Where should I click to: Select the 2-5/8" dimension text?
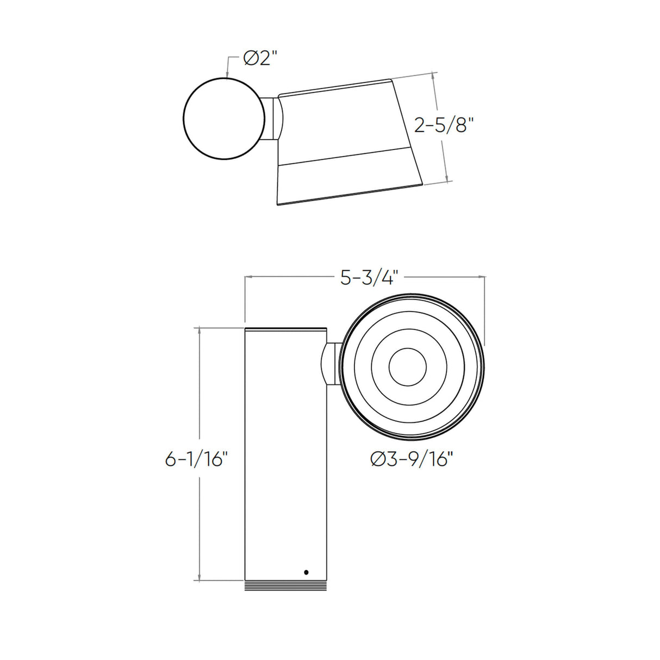pos(444,126)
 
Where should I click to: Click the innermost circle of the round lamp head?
pos(408,367)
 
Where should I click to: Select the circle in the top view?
pos(224,119)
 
